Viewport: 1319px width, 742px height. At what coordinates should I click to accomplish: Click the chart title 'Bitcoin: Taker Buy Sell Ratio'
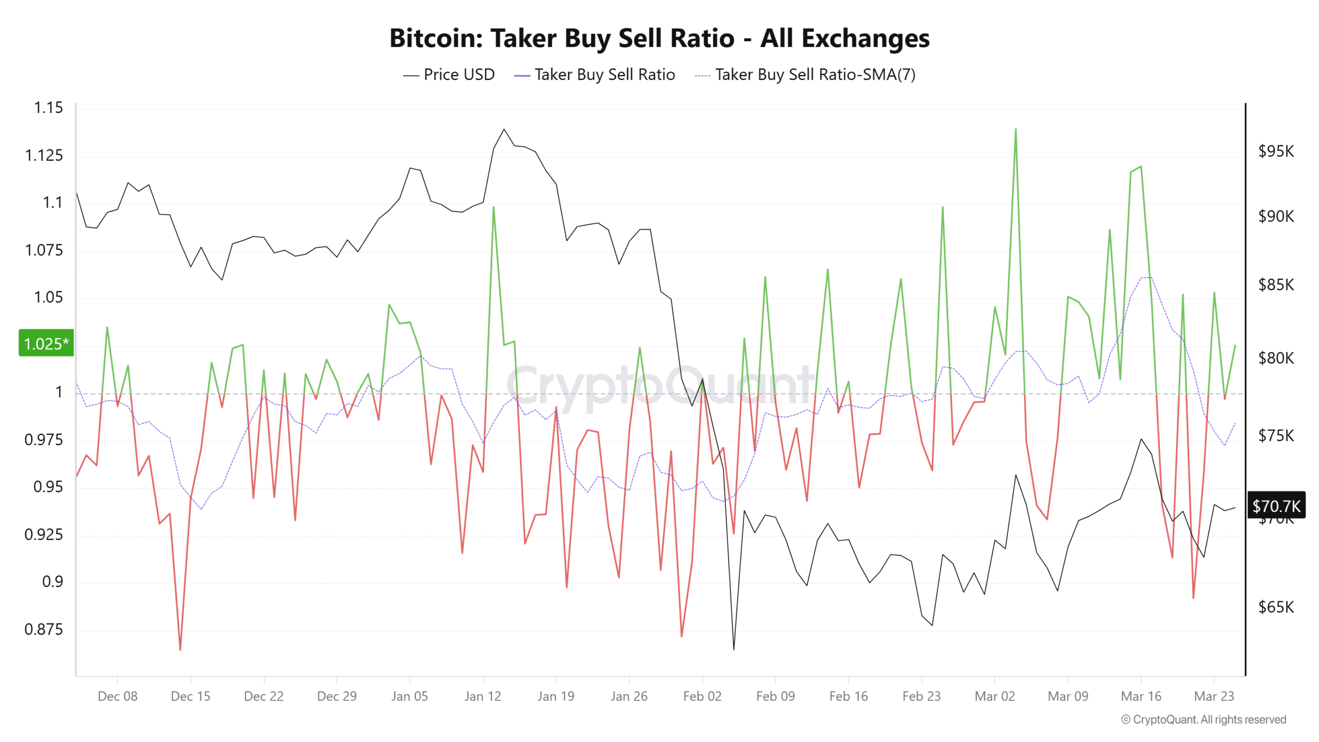tap(659, 38)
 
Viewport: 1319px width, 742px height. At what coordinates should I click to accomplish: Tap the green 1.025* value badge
tap(46, 343)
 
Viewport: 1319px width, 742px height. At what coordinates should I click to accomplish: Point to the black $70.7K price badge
tap(1276, 505)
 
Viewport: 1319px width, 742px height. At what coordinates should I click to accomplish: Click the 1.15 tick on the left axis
tap(48, 108)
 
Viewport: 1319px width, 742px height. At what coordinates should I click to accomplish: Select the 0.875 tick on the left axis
tap(43, 629)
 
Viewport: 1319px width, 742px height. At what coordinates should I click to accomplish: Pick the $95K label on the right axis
tap(1276, 151)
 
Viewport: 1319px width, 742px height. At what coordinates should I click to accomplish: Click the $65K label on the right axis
tap(1276, 607)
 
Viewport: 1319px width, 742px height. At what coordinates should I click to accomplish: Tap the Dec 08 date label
tap(117, 696)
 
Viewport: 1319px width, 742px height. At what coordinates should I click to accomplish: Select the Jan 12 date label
tap(482, 696)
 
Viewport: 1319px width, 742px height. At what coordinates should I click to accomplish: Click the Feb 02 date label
tap(702, 696)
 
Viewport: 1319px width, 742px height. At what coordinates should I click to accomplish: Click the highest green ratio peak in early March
tap(1015, 130)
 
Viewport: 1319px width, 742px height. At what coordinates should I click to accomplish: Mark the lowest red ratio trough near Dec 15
tap(180, 649)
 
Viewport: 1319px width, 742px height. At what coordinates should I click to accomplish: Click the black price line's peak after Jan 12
tap(503, 130)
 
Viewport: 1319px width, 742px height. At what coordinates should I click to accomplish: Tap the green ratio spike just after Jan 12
tap(493, 208)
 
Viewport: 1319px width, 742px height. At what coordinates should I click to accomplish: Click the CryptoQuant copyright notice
tap(1203, 719)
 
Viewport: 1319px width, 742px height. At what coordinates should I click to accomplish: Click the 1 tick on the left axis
tap(59, 392)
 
